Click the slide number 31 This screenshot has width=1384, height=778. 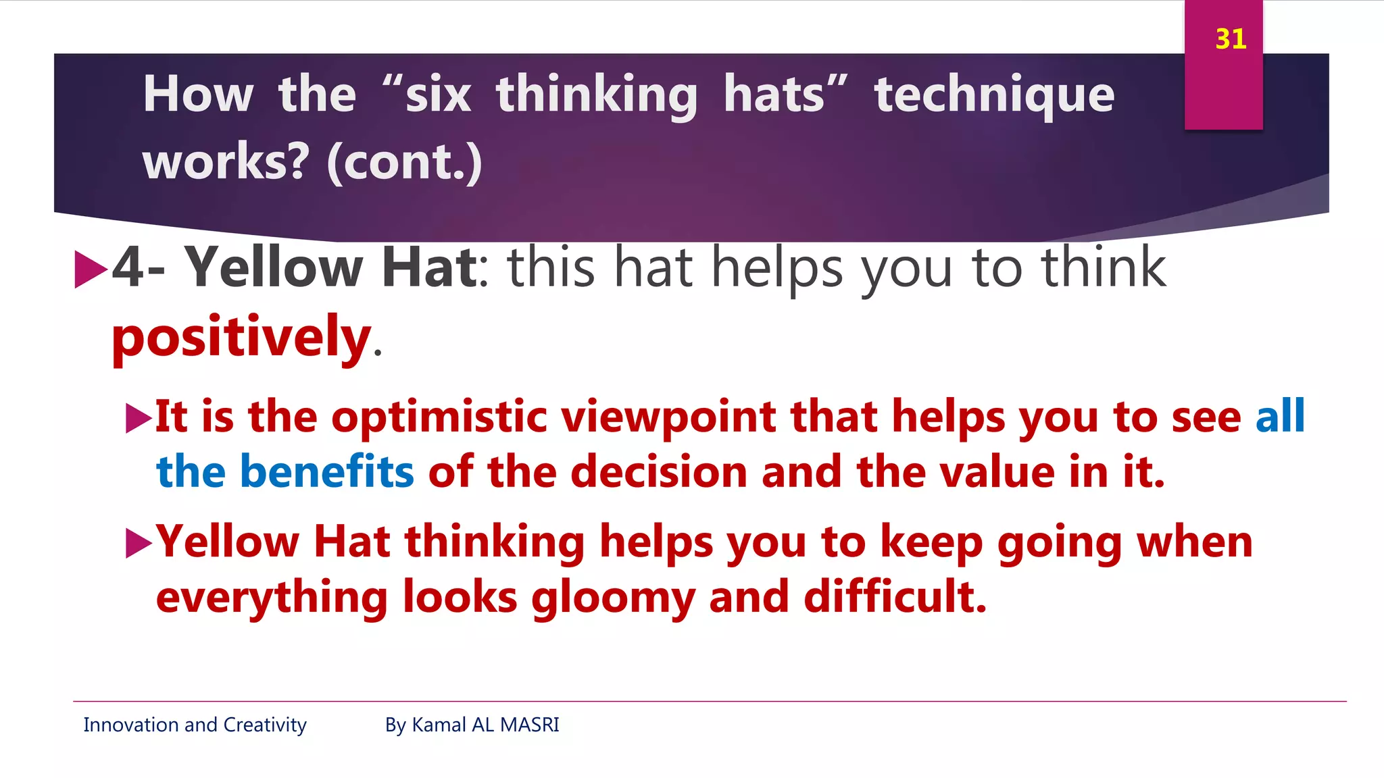click(1230, 39)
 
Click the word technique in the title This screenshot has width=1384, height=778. click(994, 95)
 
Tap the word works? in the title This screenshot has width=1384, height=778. click(226, 162)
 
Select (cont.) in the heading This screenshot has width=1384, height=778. click(404, 162)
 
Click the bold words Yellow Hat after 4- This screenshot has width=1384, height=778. click(331, 267)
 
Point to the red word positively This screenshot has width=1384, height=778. click(241, 337)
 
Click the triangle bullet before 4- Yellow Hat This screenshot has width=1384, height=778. click(91, 269)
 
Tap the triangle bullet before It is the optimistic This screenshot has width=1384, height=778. click(139, 419)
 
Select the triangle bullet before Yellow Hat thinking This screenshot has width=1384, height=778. click(139, 544)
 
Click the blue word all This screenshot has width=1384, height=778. click(1279, 416)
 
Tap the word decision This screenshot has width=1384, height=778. click(659, 471)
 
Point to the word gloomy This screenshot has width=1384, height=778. click(613, 598)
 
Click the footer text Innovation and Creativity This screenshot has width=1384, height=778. click(195, 725)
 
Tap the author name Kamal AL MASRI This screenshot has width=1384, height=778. click(485, 725)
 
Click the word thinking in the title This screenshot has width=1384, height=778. click(596, 95)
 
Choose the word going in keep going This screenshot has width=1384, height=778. click(1059, 543)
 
